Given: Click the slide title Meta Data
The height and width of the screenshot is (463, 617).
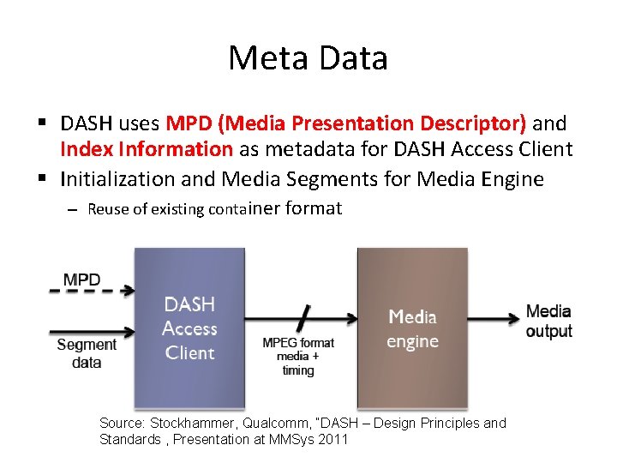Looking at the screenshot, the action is [x=308, y=58].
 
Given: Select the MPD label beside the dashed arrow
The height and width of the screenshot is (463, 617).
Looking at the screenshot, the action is [x=82, y=279].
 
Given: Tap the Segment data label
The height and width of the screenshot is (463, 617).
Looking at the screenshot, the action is [x=86, y=353].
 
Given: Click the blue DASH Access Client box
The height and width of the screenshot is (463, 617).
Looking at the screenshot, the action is [x=189, y=328].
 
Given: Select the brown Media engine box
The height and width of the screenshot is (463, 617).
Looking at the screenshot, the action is [x=412, y=328].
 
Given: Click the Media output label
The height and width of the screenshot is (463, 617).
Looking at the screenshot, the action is [x=548, y=321].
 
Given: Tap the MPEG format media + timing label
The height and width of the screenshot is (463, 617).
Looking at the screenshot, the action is [x=297, y=356].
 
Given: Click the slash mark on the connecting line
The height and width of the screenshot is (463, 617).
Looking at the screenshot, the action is [x=302, y=319].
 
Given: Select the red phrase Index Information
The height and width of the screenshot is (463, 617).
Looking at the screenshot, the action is [x=146, y=149].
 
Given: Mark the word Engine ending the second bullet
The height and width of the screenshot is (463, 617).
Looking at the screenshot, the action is [x=513, y=178].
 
